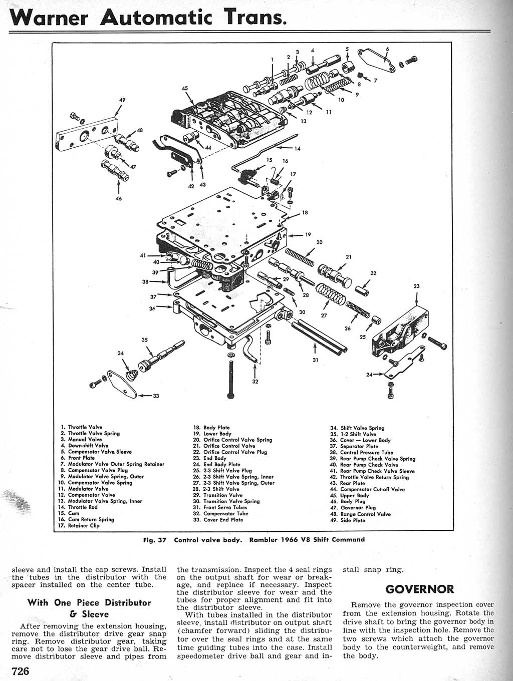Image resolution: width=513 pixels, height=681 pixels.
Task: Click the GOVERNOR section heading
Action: click(420, 589)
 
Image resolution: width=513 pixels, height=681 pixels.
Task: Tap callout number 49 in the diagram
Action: click(122, 100)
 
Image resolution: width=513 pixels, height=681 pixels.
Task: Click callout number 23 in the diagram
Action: click(416, 286)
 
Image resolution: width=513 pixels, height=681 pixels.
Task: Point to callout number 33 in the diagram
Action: click(155, 396)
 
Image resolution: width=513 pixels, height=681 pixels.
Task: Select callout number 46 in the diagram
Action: click(118, 198)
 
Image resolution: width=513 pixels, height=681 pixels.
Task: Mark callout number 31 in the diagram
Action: click(315, 359)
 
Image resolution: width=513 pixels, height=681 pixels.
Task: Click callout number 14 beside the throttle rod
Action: click(297, 149)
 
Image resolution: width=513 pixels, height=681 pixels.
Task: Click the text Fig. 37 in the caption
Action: click(154, 540)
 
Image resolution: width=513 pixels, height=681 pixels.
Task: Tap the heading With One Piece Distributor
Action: click(89, 603)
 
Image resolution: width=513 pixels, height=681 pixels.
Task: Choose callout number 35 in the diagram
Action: click(145, 340)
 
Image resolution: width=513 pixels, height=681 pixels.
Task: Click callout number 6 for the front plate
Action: click(387, 49)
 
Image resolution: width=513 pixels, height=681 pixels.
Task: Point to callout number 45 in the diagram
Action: click(184, 89)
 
